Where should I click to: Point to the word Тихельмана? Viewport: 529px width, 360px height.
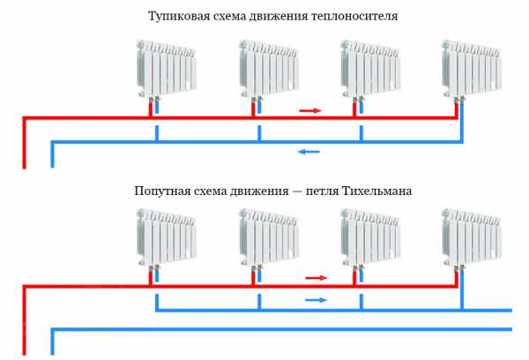click(376, 191)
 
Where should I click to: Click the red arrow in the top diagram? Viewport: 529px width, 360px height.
click(310, 110)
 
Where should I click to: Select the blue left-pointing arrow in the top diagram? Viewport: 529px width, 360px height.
click(309, 152)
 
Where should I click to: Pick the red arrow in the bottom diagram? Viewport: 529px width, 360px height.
click(317, 278)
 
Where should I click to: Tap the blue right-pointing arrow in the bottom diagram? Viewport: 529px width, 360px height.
click(317, 300)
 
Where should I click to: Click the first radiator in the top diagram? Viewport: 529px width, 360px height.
click(167, 69)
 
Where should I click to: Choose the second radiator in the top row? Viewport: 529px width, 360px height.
click(269, 69)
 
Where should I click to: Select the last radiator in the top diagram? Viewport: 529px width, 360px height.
click(472, 69)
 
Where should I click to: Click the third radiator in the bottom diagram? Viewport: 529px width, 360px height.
click(371, 237)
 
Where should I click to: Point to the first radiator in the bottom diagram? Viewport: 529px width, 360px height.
click(167, 237)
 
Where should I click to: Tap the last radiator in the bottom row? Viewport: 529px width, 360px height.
click(472, 237)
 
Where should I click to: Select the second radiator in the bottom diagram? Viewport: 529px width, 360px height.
click(269, 237)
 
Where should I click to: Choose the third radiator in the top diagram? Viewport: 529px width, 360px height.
click(371, 69)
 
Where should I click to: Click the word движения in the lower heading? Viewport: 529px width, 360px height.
click(259, 191)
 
